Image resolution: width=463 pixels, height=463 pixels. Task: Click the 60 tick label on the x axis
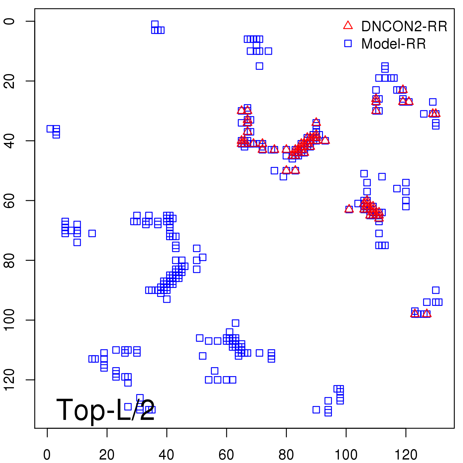coord(226,455)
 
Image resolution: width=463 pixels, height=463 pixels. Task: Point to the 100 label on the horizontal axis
coord(346,455)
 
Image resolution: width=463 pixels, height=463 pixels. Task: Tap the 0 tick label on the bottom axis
coord(47,455)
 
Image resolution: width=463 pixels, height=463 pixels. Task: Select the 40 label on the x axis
coord(166,455)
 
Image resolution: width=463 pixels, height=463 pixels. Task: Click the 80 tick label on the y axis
coord(9,260)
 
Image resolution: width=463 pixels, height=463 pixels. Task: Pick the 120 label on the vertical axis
coord(9,380)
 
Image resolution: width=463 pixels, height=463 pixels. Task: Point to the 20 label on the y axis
coord(9,81)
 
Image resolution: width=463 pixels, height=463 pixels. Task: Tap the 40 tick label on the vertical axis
coord(9,141)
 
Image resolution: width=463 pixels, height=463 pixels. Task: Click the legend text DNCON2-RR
coord(404,27)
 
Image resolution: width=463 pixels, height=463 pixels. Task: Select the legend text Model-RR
coord(394,44)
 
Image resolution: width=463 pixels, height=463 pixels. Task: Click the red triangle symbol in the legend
coord(348,25)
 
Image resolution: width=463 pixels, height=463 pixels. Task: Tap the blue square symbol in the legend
coord(348,43)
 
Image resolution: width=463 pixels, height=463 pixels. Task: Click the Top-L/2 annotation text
coord(106,410)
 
